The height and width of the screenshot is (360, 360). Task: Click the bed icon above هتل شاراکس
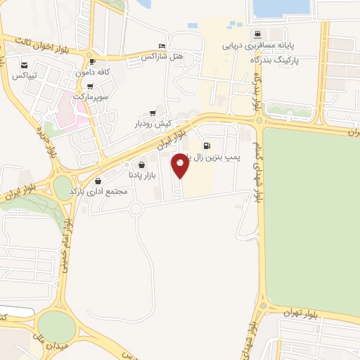(163, 45)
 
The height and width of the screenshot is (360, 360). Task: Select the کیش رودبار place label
(153, 123)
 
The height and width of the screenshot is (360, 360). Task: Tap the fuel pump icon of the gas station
(206, 147)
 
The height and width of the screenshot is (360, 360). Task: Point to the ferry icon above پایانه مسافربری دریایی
(257, 33)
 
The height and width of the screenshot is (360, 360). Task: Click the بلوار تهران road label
(302, 311)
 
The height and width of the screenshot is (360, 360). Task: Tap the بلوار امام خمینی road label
(63, 243)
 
